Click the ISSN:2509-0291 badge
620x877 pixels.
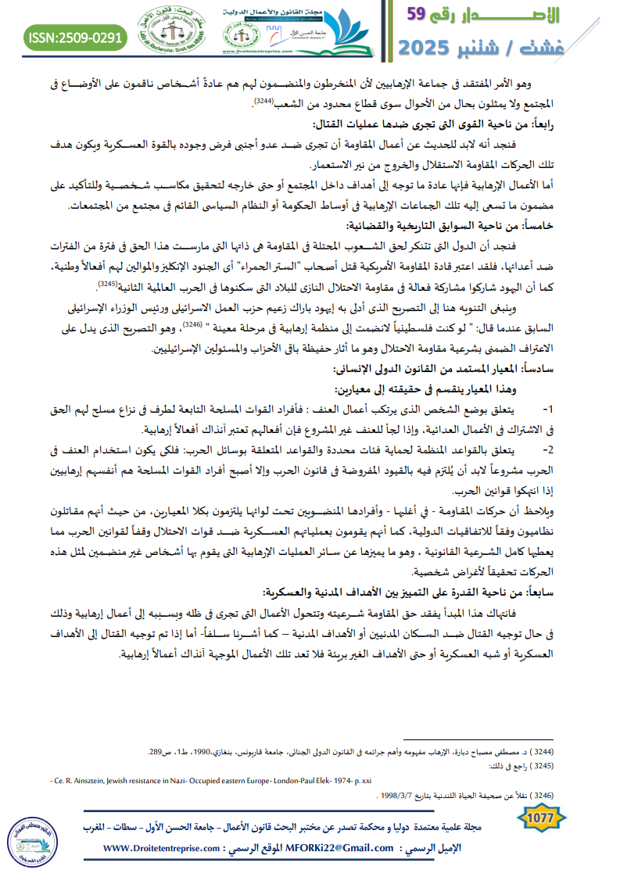click(75, 37)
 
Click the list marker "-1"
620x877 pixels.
click(547, 407)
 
